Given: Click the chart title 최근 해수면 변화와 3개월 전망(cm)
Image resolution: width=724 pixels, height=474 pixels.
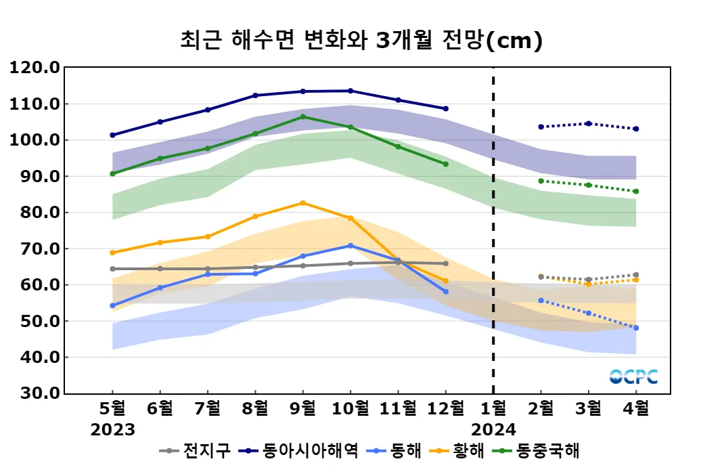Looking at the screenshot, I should (361, 41).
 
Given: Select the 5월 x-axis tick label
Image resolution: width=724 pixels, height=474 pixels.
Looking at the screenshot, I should (112, 409).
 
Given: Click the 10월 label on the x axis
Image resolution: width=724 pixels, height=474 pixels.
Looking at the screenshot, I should (350, 409).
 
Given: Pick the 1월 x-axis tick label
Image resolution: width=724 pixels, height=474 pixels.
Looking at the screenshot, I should (493, 409).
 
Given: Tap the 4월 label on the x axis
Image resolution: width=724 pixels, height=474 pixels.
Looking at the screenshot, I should (635, 409).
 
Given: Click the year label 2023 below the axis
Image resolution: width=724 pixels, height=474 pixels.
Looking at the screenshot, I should (112, 429).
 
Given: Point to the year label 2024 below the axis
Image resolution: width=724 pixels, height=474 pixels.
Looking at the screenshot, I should (493, 429).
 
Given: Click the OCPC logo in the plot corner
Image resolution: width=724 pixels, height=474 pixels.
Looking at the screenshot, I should (633, 376).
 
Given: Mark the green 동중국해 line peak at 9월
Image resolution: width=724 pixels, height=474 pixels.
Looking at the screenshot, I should (302, 116).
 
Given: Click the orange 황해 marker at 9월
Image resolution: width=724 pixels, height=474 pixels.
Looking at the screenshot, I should (302, 203).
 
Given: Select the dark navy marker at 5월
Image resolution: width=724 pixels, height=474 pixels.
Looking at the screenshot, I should (112, 135).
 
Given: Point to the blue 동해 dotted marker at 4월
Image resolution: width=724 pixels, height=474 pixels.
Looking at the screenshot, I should (635, 328).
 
